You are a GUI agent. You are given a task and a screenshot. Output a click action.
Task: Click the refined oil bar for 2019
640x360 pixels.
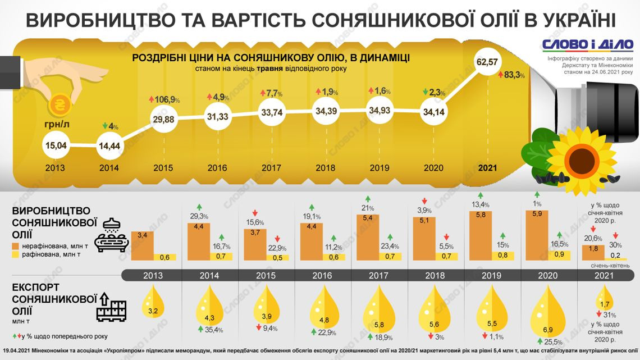(502, 255)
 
